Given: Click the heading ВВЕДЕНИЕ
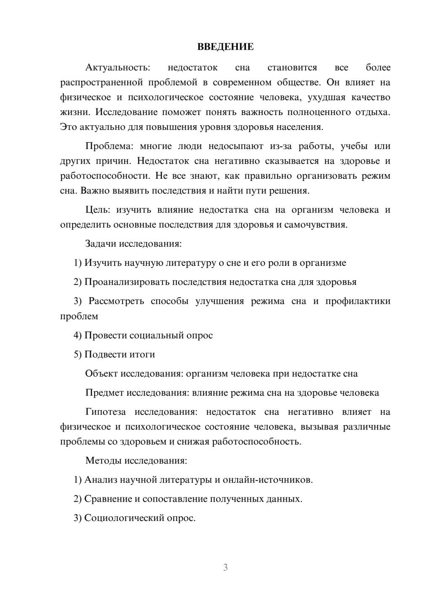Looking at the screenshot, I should [x=225, y=47].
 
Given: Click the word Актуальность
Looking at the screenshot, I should [x=117, y=67].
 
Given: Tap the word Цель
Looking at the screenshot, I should [x=98, y=210].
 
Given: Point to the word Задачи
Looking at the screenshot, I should [x=101, y=244].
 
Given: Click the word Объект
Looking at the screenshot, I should [x=101, y=373].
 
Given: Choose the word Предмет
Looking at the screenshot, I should [x=105, y=393].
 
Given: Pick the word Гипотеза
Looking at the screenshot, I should [x=106, y=412].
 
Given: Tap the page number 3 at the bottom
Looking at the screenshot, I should [x=225, y=567].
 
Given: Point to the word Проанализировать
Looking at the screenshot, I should [x=127, y=282].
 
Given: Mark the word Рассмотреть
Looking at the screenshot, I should [x=116, y=301].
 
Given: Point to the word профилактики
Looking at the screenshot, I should [x=358, y=301].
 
